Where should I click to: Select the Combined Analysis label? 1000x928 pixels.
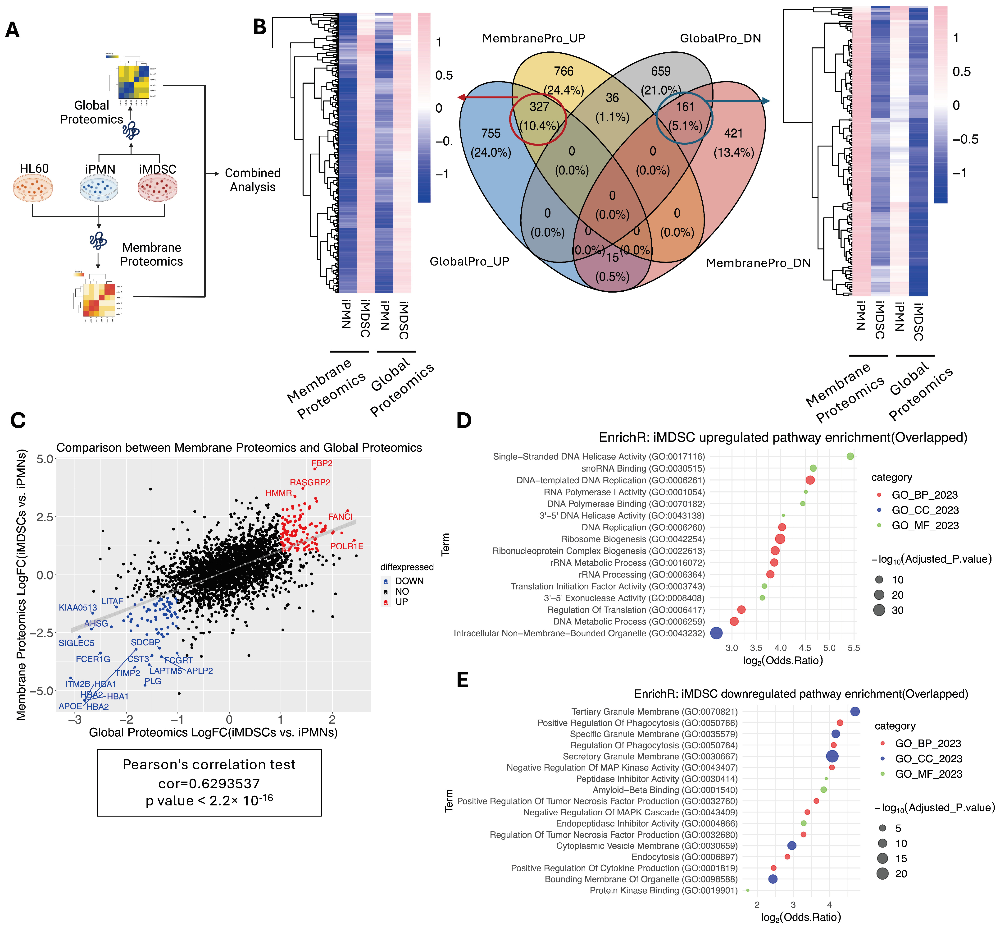click(x=252, y=180)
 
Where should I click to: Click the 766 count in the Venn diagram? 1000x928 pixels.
click(x=564, y=71)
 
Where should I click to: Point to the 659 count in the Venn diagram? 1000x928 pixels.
click(x=661, y=71)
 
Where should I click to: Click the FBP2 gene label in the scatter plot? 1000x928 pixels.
click(x=322, y=464)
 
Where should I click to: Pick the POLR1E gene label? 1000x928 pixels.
click(x=346, y=546)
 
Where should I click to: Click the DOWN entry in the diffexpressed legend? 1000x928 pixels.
click(x=409, y=581)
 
